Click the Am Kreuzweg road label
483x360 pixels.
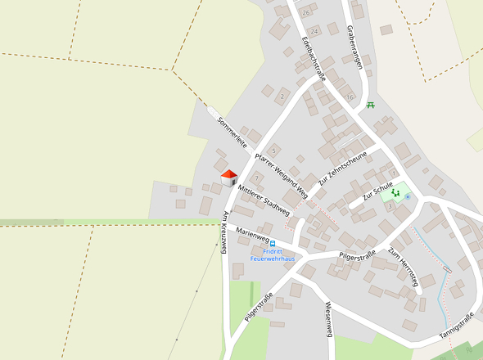[223, 232]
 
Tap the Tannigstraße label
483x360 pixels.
[456, 325]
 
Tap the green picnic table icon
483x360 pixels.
[371, 105]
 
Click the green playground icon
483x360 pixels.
[395, 193]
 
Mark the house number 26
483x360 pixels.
[306, 13]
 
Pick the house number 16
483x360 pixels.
[350, 97]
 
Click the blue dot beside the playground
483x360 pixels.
[407, 196]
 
